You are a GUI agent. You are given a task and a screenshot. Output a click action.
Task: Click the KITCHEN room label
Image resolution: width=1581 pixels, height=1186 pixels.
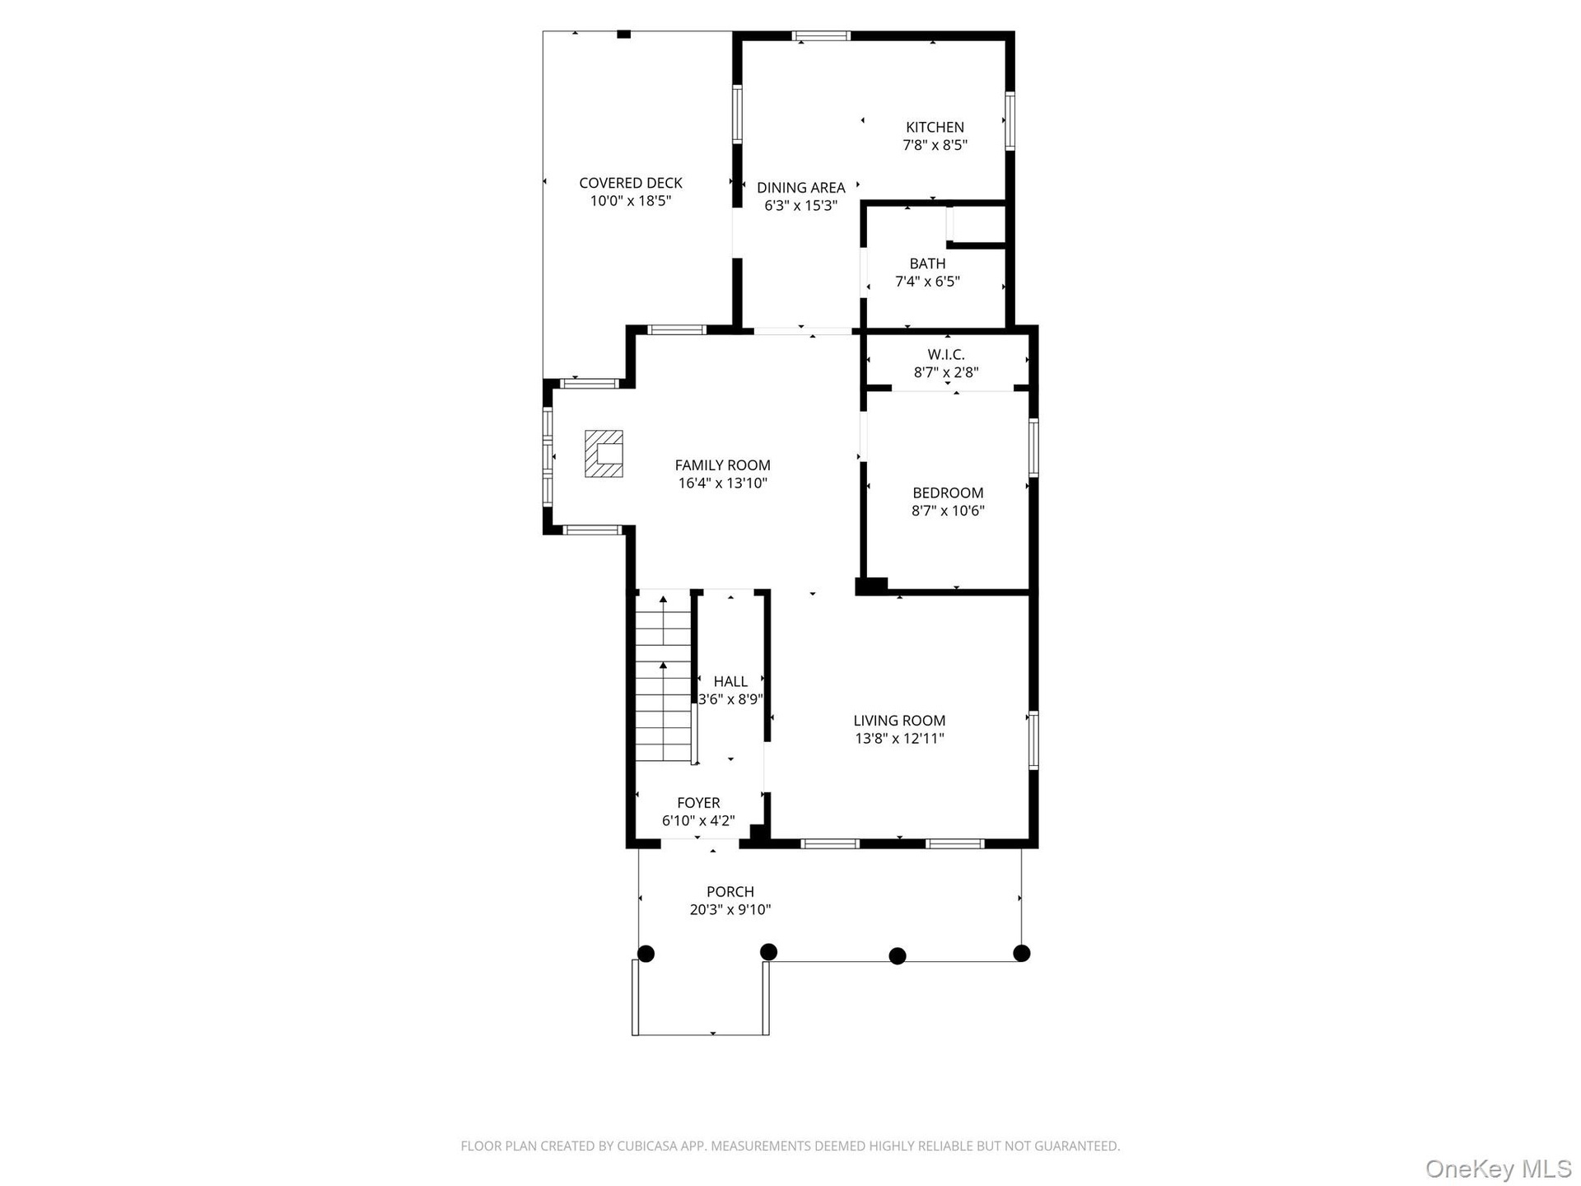point(935,127)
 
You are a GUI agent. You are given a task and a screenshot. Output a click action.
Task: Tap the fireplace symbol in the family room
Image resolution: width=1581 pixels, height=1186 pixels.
point(604,453)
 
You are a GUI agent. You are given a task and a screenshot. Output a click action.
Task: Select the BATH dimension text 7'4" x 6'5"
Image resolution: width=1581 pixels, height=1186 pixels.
point(927,282)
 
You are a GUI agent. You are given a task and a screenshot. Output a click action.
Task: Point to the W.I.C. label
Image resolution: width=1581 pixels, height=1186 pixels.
point(946,354)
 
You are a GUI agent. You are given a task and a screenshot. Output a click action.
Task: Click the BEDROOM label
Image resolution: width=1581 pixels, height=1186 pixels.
point(948,493)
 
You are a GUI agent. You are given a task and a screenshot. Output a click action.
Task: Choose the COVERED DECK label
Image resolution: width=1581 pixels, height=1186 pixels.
point(631,183)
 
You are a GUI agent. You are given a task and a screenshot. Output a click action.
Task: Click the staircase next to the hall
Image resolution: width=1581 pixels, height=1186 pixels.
point(663,677)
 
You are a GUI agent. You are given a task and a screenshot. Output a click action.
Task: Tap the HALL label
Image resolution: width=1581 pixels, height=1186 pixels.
point(730,681)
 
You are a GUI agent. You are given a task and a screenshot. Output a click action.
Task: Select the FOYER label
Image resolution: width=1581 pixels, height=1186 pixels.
point(698,802)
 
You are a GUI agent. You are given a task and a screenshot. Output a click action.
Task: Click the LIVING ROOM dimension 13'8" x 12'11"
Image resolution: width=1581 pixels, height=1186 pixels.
point(899,739)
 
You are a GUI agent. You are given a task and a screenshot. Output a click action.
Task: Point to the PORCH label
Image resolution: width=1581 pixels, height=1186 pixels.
point(730,891)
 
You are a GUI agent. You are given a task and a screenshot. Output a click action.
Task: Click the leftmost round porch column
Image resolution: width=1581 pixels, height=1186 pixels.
point(646,954)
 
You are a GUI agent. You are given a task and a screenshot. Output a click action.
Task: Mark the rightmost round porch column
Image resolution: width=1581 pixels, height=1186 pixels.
point(1022,953)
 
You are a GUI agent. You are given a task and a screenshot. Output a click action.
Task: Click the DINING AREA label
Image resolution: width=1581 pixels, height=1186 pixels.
point(801,188)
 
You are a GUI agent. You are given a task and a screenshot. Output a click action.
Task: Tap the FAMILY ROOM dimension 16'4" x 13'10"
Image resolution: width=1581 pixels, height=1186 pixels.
point(723,483)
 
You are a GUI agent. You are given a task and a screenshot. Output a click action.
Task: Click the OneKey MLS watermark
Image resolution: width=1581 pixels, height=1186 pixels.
point(1499,1168)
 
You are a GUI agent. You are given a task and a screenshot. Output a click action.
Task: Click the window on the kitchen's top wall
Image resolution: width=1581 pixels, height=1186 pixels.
point(822,35)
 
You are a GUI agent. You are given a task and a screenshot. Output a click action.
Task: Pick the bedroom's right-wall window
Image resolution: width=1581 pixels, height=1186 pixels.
point(1033,447)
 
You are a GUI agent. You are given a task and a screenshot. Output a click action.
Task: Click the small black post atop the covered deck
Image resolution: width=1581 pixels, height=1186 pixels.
point(624,34)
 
